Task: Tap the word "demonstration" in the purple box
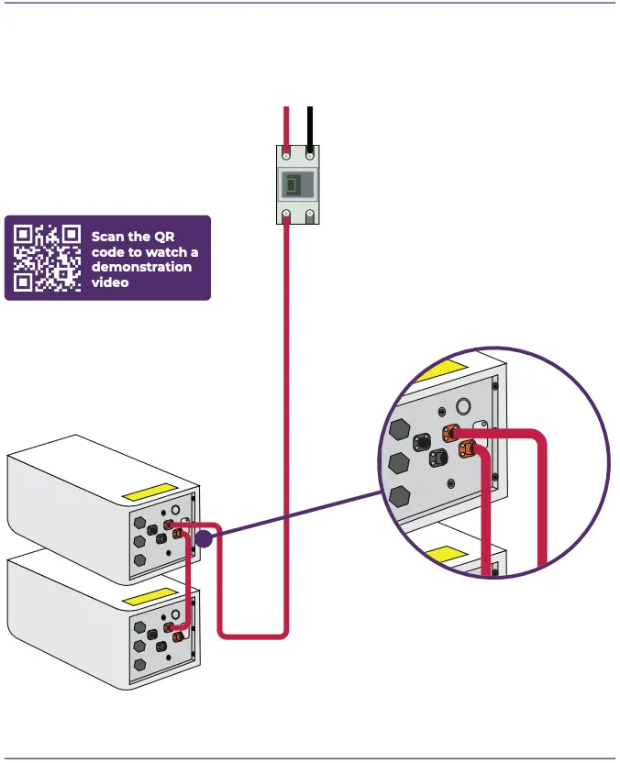click(141, 267)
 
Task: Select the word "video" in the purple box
click(110, 282)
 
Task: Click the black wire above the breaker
click(312, 125)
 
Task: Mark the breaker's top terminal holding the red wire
click(287, 156)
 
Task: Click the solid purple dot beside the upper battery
click(204, 540)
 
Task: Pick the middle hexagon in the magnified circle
click(399, 462)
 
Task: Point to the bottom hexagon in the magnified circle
click(399, 497)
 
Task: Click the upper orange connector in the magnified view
click(450, 433)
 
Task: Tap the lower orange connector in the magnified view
click(466, 449)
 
